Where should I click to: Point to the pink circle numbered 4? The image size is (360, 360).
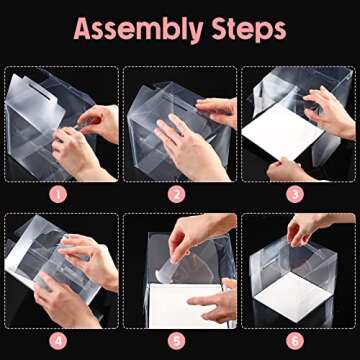point(60,340)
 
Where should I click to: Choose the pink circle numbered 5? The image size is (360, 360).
point(179,340)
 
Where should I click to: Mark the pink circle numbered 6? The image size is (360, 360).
point(297,340)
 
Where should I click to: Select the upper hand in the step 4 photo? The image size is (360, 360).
point(90,255)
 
